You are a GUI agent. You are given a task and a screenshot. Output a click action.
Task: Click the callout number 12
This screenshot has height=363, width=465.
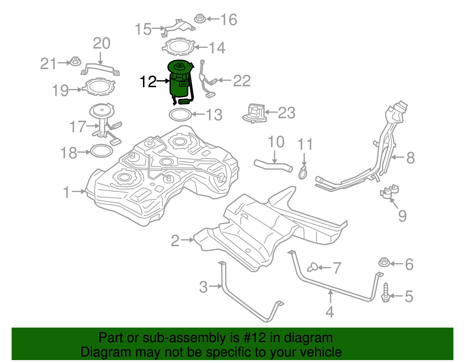pos(148,82)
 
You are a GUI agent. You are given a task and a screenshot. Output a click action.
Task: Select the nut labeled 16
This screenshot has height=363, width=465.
pos(199,18)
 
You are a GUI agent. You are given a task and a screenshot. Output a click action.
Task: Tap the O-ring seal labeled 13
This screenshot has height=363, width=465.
pos(180,115)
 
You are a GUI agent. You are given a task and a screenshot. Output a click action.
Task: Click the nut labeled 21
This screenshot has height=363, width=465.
pos(75,62)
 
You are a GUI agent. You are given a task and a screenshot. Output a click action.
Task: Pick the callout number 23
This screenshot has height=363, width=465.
pos(287,113)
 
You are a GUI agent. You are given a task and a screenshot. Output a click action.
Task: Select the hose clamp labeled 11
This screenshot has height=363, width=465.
pos(303,173)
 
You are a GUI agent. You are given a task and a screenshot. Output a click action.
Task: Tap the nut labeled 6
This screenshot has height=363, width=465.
pos(384,262)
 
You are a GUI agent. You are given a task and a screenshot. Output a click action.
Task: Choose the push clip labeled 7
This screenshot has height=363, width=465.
pos(312,267)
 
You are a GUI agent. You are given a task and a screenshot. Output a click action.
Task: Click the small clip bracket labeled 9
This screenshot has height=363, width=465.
pos(389,192)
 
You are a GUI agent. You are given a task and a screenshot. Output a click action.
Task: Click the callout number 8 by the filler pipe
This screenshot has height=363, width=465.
pos(410,158)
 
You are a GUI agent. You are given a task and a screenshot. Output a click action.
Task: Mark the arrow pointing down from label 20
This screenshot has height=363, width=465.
pos(100,58)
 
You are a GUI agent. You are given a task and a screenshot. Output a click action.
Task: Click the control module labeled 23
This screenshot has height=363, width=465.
pos(254,114)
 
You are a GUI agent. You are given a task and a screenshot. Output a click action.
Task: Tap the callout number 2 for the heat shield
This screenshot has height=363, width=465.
pos(175,241)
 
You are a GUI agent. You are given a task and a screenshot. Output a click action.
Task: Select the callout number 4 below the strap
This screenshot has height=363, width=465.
pos(330,312)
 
